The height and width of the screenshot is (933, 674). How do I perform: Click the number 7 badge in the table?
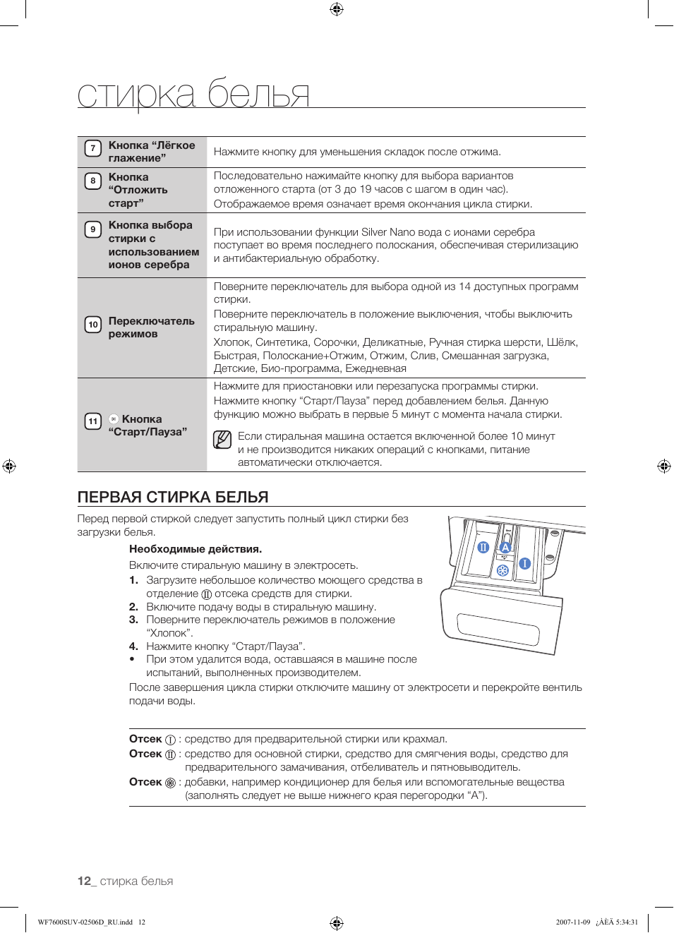click(92, 148)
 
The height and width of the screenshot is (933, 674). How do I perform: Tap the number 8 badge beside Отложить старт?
click(92, 181)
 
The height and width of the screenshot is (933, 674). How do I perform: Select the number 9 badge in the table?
click(92, 229)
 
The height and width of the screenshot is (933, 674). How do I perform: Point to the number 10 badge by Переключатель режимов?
click(92, 325)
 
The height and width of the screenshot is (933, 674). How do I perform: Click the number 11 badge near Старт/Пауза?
click(92, 421)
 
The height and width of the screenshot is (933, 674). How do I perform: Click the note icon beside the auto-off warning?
click(222, 440)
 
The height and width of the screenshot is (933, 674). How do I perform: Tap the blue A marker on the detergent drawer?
click(505, 547)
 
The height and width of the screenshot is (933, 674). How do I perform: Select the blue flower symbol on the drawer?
click(503, 570)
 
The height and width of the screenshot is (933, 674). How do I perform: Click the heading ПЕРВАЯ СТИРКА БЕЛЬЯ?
click(173, 497)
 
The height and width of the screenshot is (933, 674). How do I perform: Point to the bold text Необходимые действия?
click(195, 549)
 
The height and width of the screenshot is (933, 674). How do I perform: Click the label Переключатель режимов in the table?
click(151, 327)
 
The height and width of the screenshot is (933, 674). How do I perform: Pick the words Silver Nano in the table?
click(387, 232)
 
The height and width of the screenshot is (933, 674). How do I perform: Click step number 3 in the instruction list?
click(133, 620)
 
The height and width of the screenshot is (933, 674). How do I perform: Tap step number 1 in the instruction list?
click(133, 580)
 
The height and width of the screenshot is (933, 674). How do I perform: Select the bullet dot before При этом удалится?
click(133, 659)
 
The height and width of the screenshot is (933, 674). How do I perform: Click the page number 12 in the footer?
click(84, 881)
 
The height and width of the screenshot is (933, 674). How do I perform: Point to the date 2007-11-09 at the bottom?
click(572, 922)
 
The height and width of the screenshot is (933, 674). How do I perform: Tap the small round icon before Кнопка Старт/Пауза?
click(114, 419)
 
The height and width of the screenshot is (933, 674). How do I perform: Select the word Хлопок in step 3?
click(169, 633)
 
